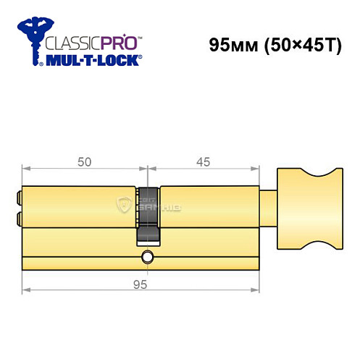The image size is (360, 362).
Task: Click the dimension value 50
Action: click(85, 162)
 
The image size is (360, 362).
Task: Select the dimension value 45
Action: click(203, 162)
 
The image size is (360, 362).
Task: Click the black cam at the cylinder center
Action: click(147, 225)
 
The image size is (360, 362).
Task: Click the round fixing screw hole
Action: click(148, 256)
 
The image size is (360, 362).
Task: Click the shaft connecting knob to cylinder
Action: click(268, 206)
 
